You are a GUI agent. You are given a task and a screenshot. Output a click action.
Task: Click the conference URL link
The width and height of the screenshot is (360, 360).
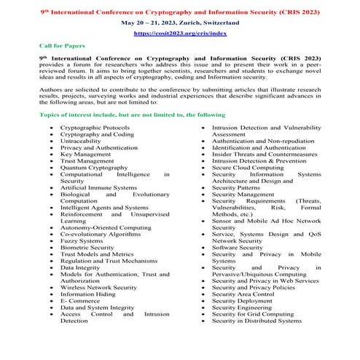tap(179, 34)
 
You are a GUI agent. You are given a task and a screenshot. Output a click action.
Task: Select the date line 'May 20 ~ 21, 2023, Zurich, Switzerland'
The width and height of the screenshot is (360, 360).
tap(179, 23)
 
